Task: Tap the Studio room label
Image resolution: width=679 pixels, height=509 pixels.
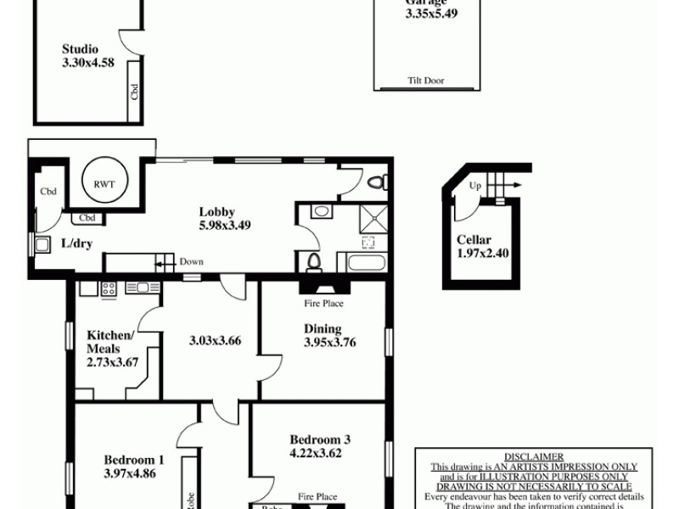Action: coord(80,49)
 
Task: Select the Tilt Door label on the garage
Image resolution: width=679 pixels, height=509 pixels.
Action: coord(425,81)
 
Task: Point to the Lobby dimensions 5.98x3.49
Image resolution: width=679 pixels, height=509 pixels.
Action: coord(224,226)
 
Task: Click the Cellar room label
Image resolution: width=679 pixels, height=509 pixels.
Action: coord(474,240)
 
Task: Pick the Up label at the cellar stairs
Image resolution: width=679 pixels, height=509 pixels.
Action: coord(475,185)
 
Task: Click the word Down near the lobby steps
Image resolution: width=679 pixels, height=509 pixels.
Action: coord(191,262)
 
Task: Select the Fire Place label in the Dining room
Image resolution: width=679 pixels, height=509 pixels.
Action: coord(323,303)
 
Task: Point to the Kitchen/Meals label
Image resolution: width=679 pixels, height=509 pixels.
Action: coord(110,342)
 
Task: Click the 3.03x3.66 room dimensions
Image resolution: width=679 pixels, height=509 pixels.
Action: coord(216,341)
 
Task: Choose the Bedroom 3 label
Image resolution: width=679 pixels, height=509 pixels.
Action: coord(320,439)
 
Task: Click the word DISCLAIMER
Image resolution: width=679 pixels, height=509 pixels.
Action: coord(533,456)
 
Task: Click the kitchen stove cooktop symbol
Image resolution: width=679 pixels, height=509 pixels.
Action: coord(109,288)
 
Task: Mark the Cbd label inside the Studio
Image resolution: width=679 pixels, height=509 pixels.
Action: coord(134,90)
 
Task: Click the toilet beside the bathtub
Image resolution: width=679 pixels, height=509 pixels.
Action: coord(313,262)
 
